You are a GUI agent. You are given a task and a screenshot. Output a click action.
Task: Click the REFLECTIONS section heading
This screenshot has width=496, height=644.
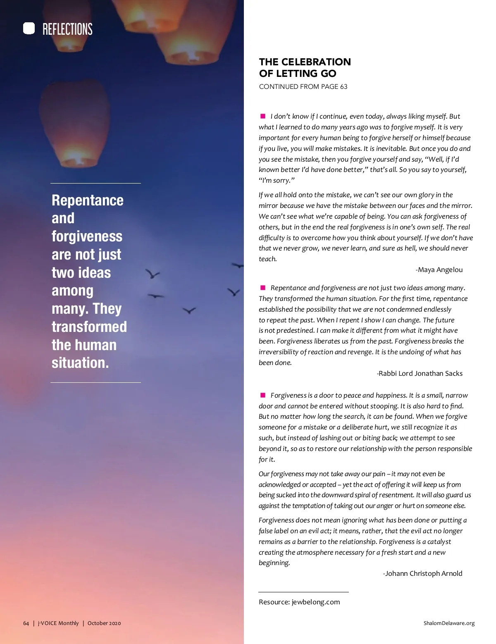(x=67, y=29)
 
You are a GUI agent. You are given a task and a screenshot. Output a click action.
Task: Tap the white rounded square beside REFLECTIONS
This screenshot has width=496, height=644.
(x=29, y=29)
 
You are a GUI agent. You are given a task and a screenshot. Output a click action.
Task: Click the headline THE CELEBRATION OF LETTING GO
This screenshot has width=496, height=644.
(x=305, y=68)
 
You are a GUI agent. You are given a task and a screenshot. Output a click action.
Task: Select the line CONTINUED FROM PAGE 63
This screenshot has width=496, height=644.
(x=303, y=87)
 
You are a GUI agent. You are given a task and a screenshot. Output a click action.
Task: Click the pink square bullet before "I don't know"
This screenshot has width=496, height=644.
(x=263, y=116)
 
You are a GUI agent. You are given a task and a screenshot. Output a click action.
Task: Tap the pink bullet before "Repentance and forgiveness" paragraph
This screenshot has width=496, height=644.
(x=263, y=288)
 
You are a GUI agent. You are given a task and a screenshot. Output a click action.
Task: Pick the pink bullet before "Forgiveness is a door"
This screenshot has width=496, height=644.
(x=263, y=395)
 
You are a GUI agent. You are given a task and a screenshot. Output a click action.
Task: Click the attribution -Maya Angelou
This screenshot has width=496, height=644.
(x=439, y=270)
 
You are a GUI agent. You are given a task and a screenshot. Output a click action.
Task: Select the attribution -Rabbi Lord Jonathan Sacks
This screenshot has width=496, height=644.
(x=420, y=374)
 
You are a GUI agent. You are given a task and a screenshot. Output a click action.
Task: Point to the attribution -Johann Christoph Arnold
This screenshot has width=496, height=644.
(x=422, y=574)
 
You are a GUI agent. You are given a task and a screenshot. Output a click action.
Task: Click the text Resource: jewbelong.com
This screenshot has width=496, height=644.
(x=299, y=602)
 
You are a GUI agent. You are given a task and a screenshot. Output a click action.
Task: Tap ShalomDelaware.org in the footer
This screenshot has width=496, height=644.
(x=449, y=623)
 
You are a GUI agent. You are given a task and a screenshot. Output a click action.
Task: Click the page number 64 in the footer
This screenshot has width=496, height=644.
(x=26, y=623)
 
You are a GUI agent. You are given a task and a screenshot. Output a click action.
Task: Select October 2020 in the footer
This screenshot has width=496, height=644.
(x=104, y=623)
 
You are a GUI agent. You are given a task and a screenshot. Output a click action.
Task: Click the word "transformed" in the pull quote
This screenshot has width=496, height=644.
(x=89, y=327)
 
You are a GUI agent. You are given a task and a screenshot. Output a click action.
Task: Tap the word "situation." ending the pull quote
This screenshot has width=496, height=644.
(x=80, y=363)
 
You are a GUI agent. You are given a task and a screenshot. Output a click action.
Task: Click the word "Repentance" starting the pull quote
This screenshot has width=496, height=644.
(x=88, y=200)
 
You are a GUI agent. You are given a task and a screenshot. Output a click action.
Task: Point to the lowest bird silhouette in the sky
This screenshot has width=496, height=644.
(x=189, y=310)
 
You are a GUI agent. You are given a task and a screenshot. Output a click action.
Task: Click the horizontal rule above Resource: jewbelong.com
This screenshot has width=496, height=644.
(x=303, y=592)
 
